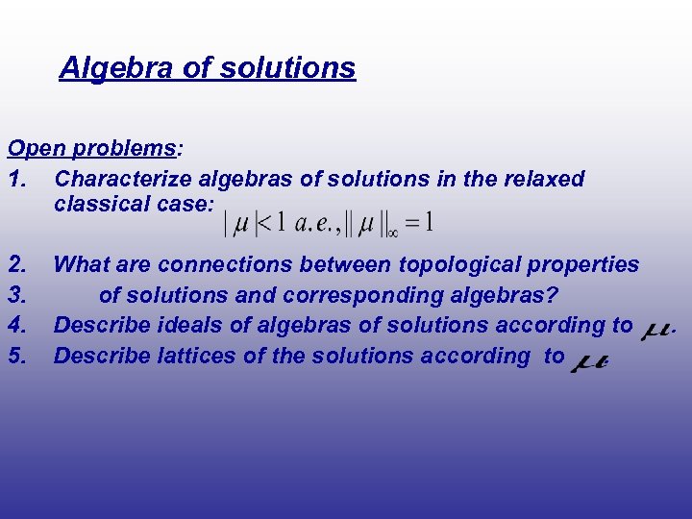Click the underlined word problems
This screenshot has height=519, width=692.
pos(123,149)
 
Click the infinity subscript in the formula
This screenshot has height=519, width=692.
pos(392,231)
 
